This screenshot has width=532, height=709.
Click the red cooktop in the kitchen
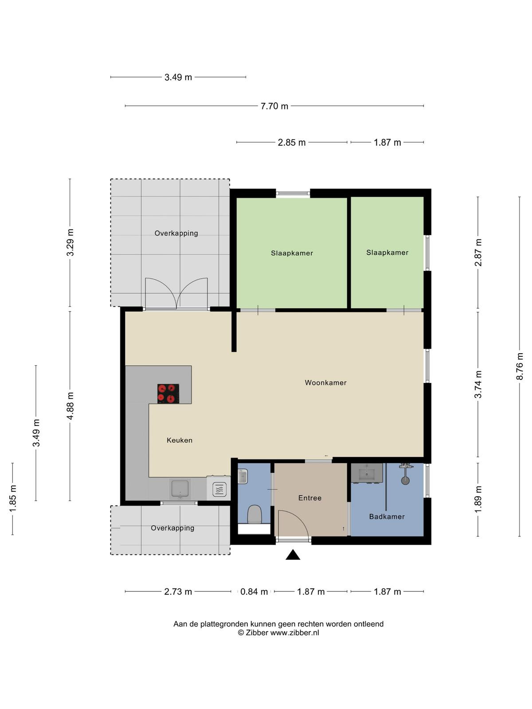pos(168,393)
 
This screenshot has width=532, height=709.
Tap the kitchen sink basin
pos(180,489)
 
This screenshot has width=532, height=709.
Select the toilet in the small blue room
pos(254,514)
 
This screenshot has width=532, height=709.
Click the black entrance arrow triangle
pos(293,554)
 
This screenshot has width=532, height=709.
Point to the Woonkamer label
pos(325,383)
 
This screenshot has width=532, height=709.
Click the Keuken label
pos(180,440)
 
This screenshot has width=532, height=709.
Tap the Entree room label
pos(310,498)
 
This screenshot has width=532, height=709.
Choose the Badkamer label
pos(387,517)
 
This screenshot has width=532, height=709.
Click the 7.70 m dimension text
pos(274,106)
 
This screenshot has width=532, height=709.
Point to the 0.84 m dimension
pos(254,592)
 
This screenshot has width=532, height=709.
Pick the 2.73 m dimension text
pos(178,592)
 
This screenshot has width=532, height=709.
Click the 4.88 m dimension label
pos(70,406)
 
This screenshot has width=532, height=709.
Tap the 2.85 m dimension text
pos(292,142)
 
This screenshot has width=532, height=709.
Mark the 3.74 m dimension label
pos(478,384)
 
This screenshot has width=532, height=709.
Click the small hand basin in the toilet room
pos(242,476)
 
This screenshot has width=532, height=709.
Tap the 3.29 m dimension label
pos(70,242)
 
